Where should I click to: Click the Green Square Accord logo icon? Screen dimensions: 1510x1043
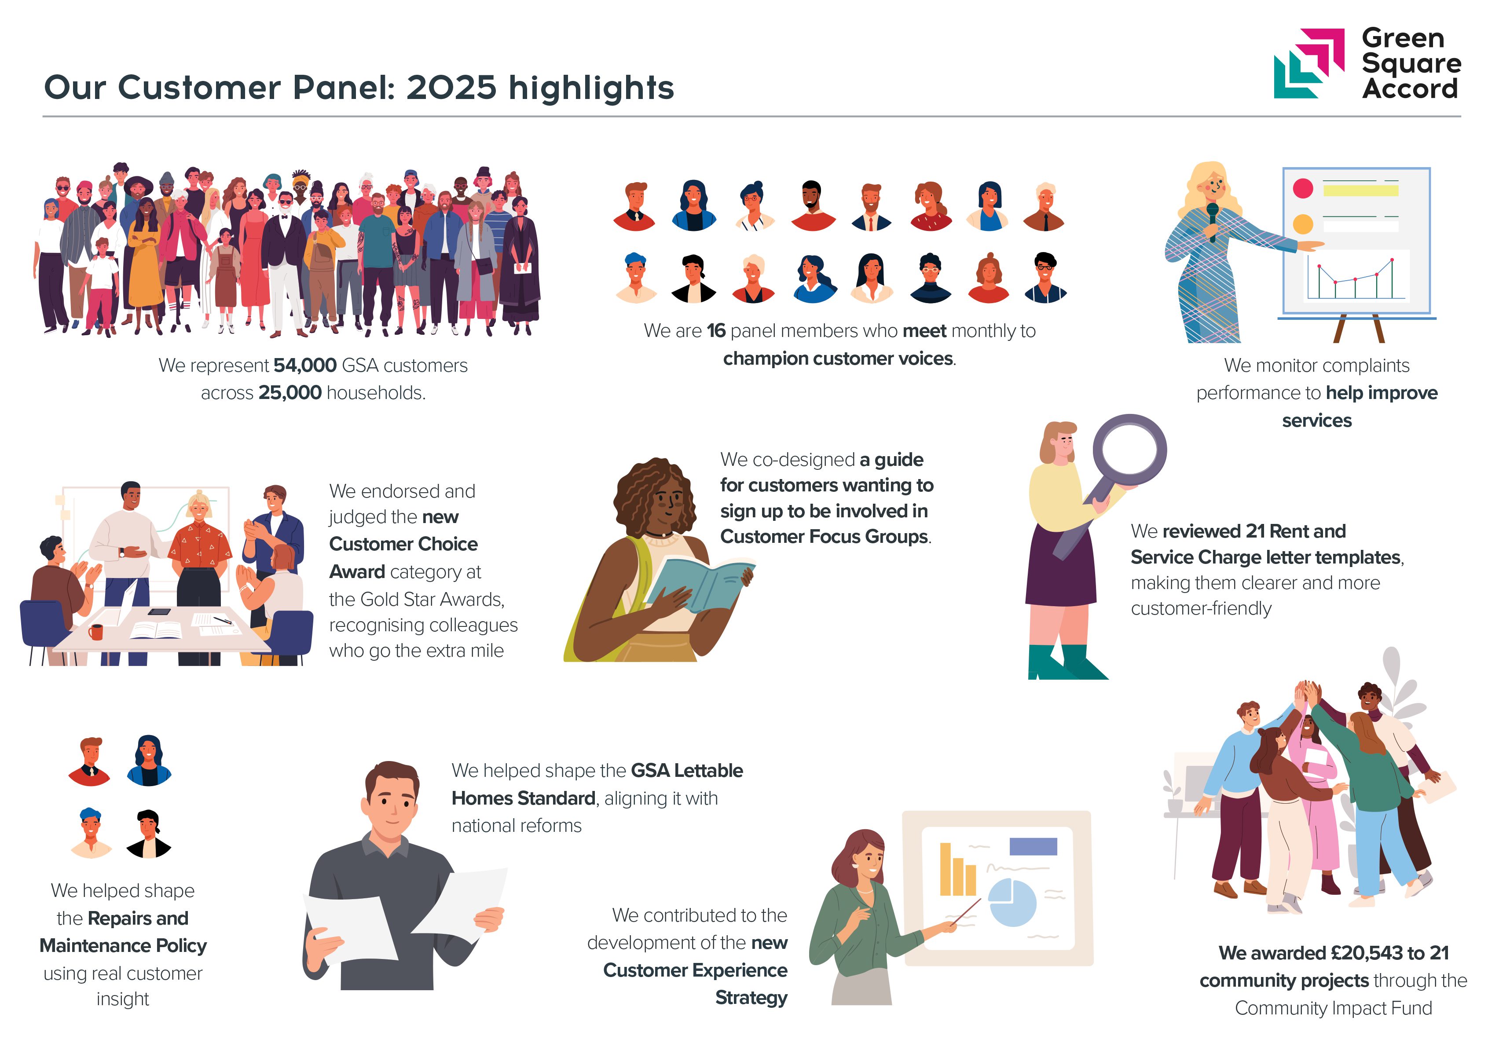[x=1308, y=63]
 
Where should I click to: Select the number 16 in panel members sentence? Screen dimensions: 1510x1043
[x=716, y=331]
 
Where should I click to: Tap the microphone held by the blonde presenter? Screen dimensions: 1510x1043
[x=1213, y=221]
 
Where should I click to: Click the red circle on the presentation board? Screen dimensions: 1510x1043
[x=1303, y=188]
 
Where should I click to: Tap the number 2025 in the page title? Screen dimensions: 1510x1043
[x=451, y=88]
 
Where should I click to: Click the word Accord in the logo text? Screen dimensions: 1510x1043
[x=1410, y=88]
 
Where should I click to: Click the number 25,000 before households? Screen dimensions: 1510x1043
[x=290, y=393]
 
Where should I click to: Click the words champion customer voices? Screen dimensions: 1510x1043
[x=837, y=359]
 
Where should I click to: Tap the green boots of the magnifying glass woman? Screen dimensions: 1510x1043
[x=1067, y=662]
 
